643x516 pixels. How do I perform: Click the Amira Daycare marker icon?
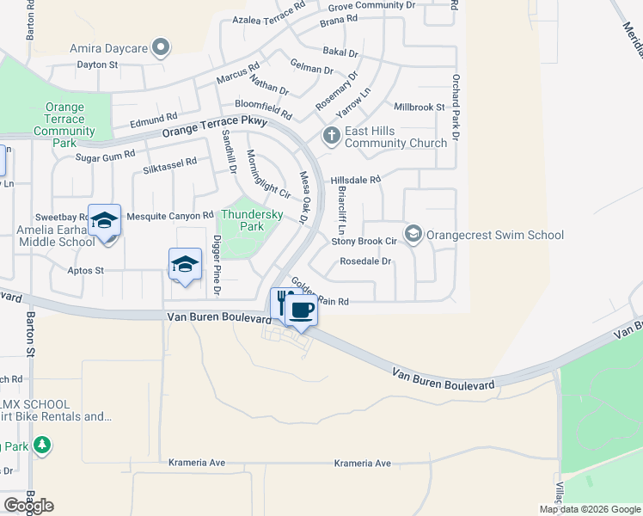point(160,47)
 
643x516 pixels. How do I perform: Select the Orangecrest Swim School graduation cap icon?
point(413,234)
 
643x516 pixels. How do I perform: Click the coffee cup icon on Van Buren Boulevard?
point(301,310)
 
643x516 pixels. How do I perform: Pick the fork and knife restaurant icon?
point(282,302)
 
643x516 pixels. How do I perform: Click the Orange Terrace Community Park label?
point(64,125)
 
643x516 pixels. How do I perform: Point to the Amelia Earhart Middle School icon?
point(105,221)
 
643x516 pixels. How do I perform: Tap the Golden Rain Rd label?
point(320,292)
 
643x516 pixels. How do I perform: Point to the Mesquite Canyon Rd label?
point(169,215)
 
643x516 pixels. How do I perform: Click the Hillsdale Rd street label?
point(355,180)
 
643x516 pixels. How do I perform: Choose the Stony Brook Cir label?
point(364,242)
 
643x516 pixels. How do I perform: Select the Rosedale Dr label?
point(365,261)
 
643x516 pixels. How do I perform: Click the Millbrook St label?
point(419,107)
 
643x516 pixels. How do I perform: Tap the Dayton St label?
point(97,64)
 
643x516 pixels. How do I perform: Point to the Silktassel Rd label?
point(170,162)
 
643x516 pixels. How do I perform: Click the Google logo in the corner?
point(28,506)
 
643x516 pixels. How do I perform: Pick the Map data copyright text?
point(589,509)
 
